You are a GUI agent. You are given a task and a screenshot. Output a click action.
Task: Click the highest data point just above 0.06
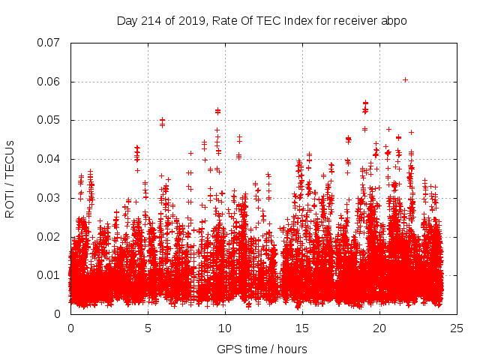[x=405, y=79]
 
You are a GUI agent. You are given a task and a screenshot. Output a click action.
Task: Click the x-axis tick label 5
[x=148, y=328]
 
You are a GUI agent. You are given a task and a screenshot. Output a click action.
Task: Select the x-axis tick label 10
[x=225, y=328]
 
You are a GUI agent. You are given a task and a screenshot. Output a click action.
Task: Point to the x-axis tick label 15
[x=302, y=328]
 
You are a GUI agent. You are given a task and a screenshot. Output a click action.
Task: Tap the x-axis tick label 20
[x=379, y=328]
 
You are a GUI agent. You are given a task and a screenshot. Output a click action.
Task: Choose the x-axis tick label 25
[x=457, y=328]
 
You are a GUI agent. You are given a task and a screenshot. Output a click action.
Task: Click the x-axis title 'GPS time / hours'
[x=262, y=349]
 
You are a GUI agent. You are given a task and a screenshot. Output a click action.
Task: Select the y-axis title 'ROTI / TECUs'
[x=10, y=178]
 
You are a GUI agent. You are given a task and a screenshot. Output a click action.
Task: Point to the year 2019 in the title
[x=190, y=20]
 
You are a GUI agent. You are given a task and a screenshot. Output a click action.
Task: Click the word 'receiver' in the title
[x=355, y=20]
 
